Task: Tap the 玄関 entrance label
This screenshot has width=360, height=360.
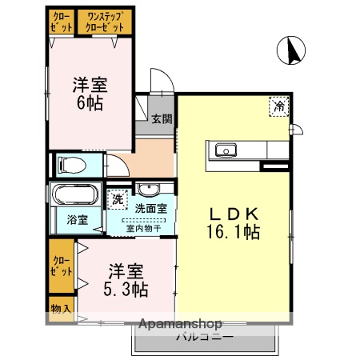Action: (x=162, y=119)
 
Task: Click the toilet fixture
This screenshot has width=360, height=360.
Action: (x=73, y=166)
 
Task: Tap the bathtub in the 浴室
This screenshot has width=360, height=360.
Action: (x=74, y=195)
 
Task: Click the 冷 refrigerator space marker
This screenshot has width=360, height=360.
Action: (x=279, y=106)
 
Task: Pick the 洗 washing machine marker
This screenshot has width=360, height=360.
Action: (x=118, y=198)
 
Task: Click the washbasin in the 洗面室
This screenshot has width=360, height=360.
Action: (x=148, y=190)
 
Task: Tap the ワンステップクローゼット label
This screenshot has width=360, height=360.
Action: (x=105, y=22)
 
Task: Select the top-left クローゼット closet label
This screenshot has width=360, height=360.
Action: (x=61, y=22)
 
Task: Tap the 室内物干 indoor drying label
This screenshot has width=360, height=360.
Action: (x=143, y=228)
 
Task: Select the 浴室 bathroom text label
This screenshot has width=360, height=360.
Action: (x=76, y=218)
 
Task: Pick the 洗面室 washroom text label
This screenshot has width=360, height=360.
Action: (x=150, y=209)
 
